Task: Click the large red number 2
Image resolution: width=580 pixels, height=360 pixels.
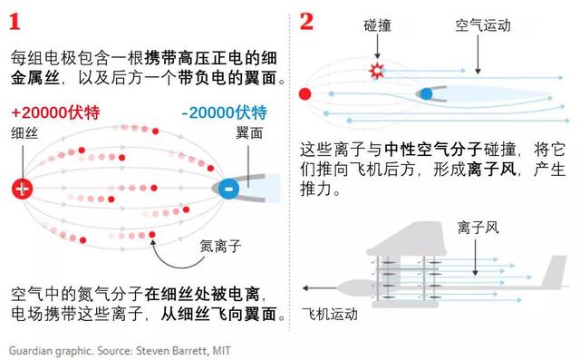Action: coord(306,20)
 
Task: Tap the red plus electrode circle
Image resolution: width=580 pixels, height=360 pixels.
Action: coord(21,190)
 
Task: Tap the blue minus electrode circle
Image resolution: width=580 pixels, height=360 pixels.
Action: coord(228,190)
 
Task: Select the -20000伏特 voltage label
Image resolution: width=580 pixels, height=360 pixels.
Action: coord(224,113)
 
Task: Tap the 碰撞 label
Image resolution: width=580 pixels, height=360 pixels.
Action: coord(379,26)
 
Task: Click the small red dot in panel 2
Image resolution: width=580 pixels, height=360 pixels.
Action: coord(305,92)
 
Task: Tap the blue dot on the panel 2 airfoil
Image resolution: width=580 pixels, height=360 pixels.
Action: coord(426,93)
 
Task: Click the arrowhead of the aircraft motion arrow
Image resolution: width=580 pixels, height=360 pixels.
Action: coord(306,288)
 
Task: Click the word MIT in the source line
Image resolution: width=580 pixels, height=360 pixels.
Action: coord(233,349)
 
